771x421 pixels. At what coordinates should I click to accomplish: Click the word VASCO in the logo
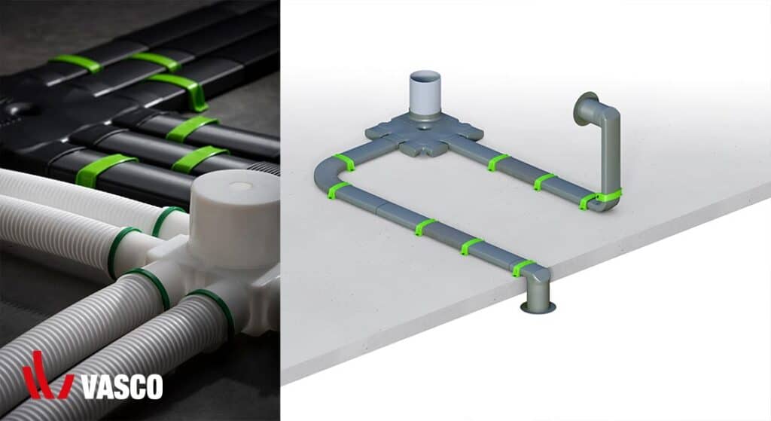[x=122, y=386]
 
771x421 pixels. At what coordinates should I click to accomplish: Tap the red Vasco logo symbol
[x=47, y=376]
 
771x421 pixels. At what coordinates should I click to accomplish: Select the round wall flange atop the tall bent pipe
[x=585, y=110]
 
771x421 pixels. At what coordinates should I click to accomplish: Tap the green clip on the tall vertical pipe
[x=608, y=194]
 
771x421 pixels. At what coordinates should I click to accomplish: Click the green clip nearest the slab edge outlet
[x=523, y=267]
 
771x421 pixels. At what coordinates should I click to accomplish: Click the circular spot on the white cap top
[x=240, y=187]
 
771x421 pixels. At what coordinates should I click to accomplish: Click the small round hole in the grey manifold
[x=424, y=127]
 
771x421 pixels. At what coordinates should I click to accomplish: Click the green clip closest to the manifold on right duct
[x=498, y=163]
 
